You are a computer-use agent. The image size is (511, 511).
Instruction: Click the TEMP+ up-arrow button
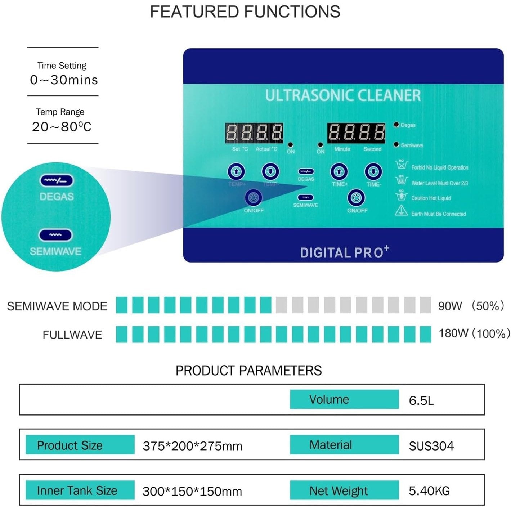pos(236,172)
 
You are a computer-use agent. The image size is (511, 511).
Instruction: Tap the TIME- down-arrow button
pos(373,172)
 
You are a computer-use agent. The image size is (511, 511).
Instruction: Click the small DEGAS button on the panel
pos(306,172)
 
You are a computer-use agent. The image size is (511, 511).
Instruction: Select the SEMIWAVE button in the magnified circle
pos(55,235)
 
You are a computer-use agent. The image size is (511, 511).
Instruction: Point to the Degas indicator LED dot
pos(396,125)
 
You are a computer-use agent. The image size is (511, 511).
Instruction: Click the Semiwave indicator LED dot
pos(396,145)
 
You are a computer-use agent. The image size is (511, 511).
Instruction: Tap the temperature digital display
pos(254,133)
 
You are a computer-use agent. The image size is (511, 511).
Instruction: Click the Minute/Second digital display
pos(356,133)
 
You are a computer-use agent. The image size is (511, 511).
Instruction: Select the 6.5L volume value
pos(421,400)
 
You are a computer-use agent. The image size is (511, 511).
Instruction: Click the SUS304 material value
pos(431,446)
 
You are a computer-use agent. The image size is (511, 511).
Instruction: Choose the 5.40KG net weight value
pos(429,491)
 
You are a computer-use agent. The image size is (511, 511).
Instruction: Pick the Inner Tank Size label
pos(77,490)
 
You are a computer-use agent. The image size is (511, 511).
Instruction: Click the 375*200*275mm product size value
pos(192,446)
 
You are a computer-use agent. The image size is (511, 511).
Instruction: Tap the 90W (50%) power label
pos(471,306)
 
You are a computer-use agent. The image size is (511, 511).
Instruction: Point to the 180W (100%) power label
pos(474,333)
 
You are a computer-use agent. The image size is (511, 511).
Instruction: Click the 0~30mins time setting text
pos(64,80)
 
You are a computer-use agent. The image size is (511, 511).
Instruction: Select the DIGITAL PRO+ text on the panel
pos(344,252)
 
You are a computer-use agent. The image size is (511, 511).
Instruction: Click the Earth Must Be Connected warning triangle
pos(401,211)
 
